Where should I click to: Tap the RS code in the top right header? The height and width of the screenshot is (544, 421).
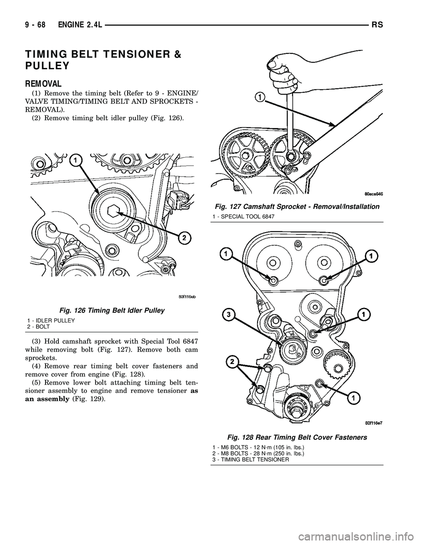tap(378, 26)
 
